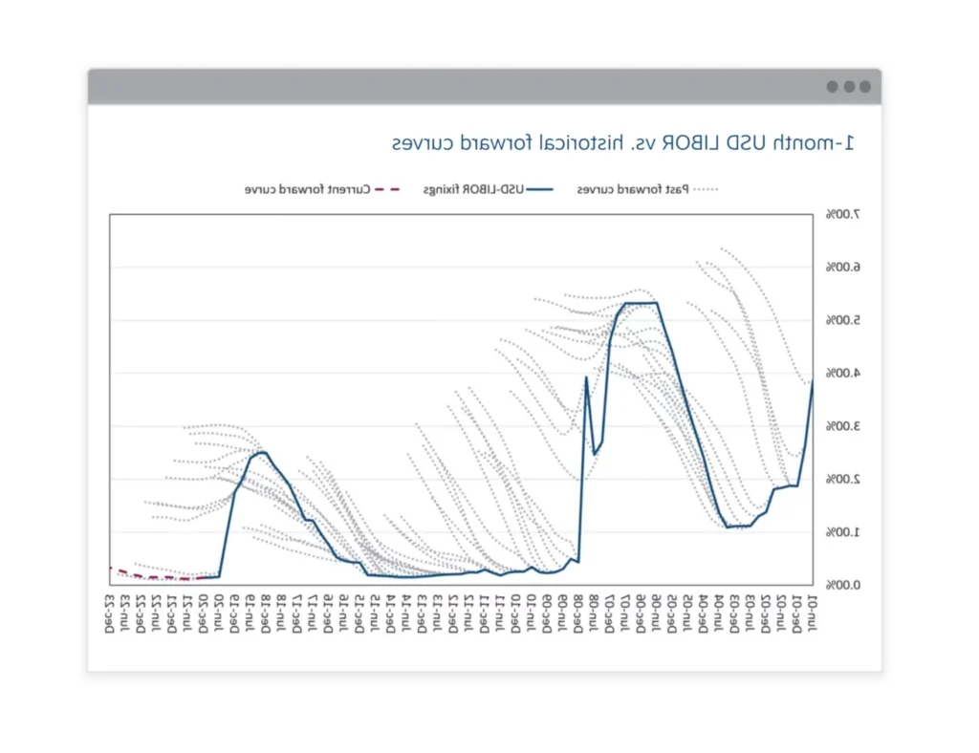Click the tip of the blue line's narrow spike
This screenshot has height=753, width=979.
pyautogui.click(x=586, y=377)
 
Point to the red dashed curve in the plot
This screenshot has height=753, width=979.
pyautogui.click(x=153, y=576)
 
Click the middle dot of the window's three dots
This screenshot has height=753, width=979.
pyautogui.click(x=849, y=87)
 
